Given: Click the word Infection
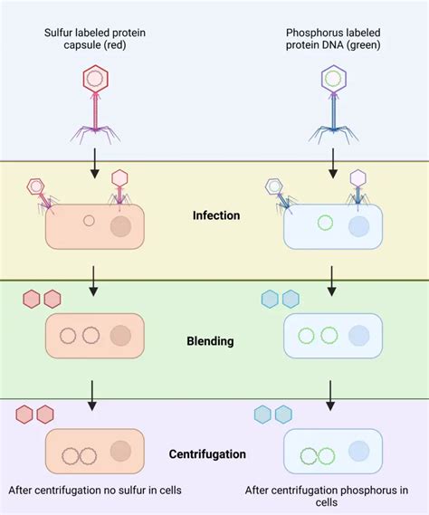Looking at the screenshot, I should (x=216, y=215).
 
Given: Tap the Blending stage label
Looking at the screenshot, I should (x=211, y=341).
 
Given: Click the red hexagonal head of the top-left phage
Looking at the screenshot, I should (x=95, y=80).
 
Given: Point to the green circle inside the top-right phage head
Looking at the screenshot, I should (x=333, y=79).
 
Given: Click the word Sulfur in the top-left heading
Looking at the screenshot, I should (x=60, y=33).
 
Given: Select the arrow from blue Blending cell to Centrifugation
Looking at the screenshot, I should (x=332, y=394).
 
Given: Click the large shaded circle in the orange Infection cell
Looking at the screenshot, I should (x=120, y=224).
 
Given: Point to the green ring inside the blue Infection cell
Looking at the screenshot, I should (x=324, y=223).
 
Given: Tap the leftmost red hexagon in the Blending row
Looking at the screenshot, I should (x=32, y=299).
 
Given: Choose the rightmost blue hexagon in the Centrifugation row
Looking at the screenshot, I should (x=283, y=415).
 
